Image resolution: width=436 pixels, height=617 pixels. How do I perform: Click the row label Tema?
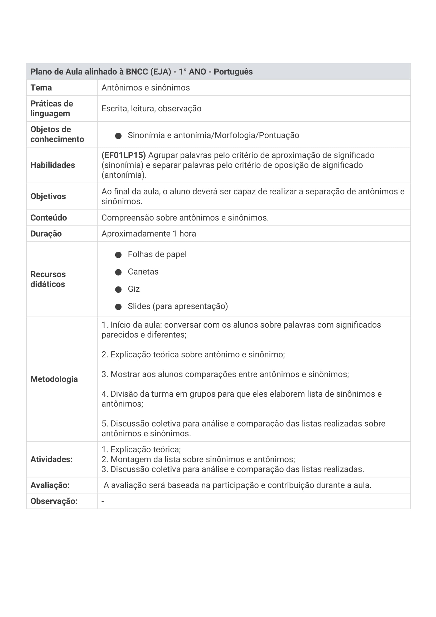click(x=41, y=88)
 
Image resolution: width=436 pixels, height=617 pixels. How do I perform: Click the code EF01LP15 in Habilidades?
click(x=123, y=155)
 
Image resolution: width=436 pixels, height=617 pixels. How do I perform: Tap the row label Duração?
click(x=46, y=233)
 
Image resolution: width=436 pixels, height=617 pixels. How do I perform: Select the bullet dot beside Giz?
click(x=118, y=289)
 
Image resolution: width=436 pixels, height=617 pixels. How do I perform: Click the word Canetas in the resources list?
click(x=143, y=272)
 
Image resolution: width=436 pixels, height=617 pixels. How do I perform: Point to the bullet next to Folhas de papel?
click(x=118, y=255)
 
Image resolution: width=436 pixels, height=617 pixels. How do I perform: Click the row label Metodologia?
click(x=54, y=379)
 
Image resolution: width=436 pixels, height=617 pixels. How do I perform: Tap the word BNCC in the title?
click(x=137, y=72)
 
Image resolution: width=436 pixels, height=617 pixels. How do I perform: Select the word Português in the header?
click(x=233, y=72)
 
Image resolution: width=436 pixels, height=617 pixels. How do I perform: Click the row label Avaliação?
click(x=50, y=485)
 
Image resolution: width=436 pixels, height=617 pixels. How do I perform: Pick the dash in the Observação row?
click(x=103, y=501)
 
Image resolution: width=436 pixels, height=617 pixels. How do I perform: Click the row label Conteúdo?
click(x=49, y=218)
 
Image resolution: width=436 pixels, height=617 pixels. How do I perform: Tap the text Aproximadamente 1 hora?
click(x=148, y=233)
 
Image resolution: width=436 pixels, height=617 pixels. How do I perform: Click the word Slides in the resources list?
click(x=139, y=306)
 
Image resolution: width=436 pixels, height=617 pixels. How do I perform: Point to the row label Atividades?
click(x=52, y=459)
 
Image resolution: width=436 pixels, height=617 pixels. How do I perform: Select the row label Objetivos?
click(x=48, y=196)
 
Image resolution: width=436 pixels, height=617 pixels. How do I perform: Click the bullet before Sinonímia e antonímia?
click(x=118, y=136)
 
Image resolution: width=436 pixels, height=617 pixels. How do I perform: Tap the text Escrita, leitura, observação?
click(x=151, y=109)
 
